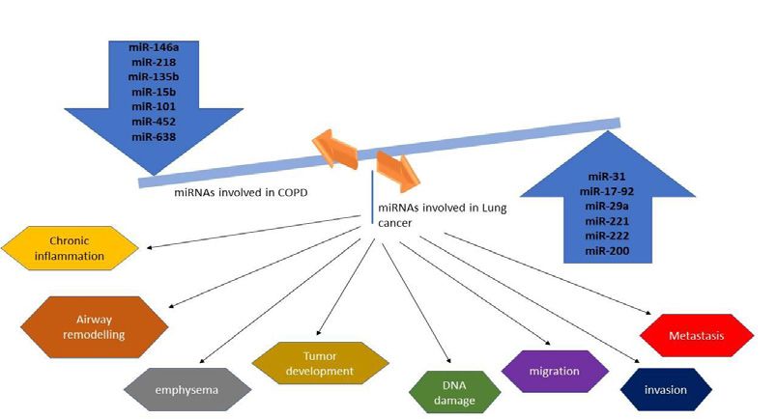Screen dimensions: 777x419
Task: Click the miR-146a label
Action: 154,47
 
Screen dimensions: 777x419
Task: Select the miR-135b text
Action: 154,77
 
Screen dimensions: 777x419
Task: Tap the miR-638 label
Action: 154,137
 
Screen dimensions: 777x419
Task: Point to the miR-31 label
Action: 607,177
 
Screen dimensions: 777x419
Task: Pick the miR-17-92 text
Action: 607,191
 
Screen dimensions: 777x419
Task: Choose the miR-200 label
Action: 607,251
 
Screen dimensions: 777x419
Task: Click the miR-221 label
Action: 607,221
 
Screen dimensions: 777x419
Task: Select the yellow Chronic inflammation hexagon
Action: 70,248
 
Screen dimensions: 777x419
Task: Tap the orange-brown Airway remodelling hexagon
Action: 94,327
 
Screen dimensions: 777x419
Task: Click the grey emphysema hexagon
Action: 187,390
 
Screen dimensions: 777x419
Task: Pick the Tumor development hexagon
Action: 320,363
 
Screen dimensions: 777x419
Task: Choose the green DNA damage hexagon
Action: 455,392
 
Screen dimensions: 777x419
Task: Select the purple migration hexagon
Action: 555,372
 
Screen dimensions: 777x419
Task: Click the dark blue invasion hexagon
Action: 666,390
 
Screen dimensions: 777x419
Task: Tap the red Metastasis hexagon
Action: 697,335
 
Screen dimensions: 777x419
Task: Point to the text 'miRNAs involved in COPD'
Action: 241,192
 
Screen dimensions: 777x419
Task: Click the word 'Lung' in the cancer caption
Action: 495,208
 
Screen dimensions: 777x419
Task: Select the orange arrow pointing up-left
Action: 335,148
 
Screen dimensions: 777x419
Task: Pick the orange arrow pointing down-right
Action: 398,171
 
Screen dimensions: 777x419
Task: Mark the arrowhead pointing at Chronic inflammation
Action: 149,246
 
